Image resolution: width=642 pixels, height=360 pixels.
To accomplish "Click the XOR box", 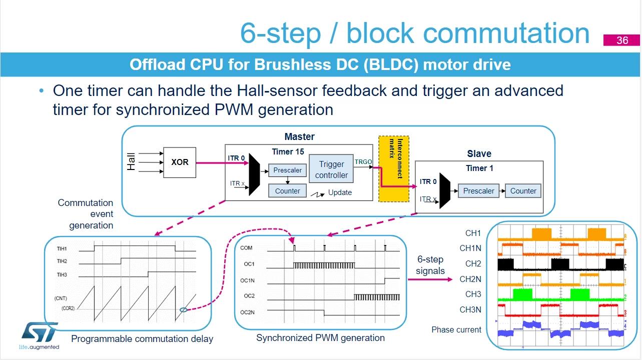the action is tap(180, 162).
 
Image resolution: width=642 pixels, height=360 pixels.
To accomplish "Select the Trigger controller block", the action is tap(331, 169).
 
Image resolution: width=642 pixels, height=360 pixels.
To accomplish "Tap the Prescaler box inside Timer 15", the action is tap(287, 170).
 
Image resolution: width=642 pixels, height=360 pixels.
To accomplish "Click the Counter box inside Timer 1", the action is tap(523, 190).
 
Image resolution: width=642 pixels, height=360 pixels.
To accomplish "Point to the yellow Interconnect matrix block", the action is tap(394, 169).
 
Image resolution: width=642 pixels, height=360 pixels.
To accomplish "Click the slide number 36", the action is tap(622, 40).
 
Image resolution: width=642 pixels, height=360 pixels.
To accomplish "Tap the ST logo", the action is tap(40, 335).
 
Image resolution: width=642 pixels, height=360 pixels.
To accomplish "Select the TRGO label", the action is tap(363, 162).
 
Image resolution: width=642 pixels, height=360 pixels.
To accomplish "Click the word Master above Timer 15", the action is tap(299, 136).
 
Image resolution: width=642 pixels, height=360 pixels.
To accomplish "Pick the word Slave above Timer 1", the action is tap(479, 154).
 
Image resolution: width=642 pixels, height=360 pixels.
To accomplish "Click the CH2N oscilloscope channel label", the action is tap(470, 279).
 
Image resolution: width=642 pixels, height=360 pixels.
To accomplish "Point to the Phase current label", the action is tap(456, 329).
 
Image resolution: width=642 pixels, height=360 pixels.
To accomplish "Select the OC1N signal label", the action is tap(247, 280).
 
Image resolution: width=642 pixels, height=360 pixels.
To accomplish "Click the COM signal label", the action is tap(246, 247).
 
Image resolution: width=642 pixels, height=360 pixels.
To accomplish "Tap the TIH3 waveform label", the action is tap(62, 275).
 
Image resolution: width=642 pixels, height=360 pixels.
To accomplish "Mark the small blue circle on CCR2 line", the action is tap(184, 309).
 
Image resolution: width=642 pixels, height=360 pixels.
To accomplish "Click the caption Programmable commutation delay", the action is tap(142, 339).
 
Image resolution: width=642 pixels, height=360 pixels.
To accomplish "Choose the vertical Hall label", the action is tap(131, 162).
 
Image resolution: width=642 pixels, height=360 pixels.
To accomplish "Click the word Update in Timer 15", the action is tap(340, 192).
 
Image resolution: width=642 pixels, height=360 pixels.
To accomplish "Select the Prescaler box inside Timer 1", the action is tap(479, 190).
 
